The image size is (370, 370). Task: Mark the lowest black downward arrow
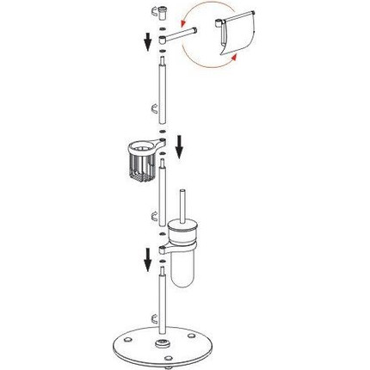pyautogui.click(x=148, y=256)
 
